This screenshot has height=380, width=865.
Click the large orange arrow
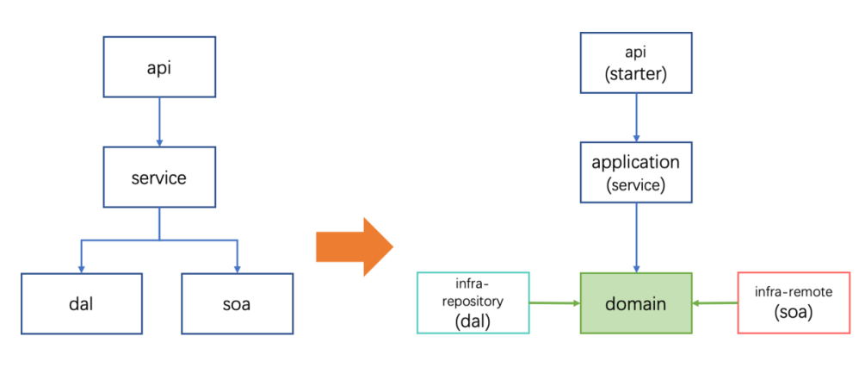(x=354, y=247)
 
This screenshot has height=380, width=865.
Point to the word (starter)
(x=636, y=73)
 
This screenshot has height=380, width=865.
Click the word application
(x=636, y=163)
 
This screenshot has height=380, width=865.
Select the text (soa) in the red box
(x=794, y=312)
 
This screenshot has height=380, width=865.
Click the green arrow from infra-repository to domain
(x=555, y=302)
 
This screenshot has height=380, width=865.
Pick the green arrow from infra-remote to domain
(x=715, y=302)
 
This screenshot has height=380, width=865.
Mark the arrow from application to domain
(x=637, y=238)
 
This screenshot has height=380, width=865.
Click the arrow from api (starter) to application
(x=637, y=118)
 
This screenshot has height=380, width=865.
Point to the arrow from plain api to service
(x=159, y=122)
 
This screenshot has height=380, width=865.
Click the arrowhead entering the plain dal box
(x=82, y=269)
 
